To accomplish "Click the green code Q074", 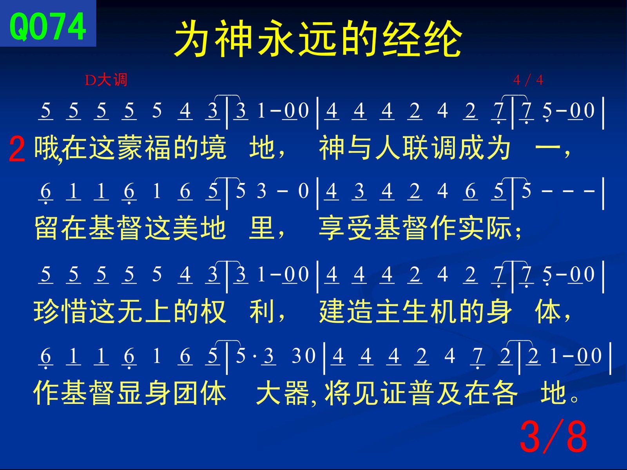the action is click(x=48, y=27).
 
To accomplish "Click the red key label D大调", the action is click(x=106, y=80).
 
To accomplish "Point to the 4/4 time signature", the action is click(x=528, y=80).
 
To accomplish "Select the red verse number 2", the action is click(x=17, y=149).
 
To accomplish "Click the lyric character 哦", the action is click(x=47, y=148).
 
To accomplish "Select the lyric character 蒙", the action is click(x=130, y=148).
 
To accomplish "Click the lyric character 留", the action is click(x=47, y=228).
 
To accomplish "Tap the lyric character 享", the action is click(x=332, y=228).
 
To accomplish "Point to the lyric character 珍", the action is click(x=47, y=311).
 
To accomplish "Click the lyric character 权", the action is click(x=213, y=311).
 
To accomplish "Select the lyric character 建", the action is click(x=332, y=311).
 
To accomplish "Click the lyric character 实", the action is click(x=471, y=228).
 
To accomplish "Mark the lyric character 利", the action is click(x=262, y=311).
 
